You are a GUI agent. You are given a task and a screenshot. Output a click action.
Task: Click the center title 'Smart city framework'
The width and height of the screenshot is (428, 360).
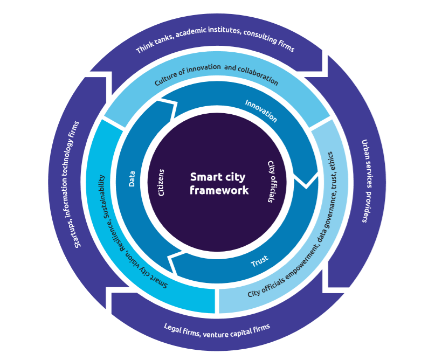point(219,183)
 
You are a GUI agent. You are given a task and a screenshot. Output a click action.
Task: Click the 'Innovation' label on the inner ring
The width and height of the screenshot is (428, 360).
point(261,110)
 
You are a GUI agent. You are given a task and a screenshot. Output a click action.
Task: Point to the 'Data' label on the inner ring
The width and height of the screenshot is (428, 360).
point(132,178)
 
